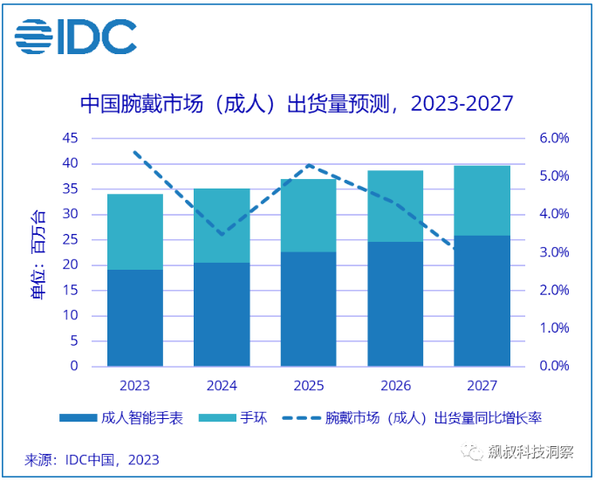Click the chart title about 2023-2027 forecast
coord(296,103)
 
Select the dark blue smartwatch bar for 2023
coord(135,318)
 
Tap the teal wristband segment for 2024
coord(222,225)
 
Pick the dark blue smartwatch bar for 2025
coord(309,309)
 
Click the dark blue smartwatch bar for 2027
coord(482,300)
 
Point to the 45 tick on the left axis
coord(71,138)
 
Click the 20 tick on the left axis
coord(71,265)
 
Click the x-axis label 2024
coord(222,385)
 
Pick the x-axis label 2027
coord(482,385)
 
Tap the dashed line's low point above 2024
coord(222,235)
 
